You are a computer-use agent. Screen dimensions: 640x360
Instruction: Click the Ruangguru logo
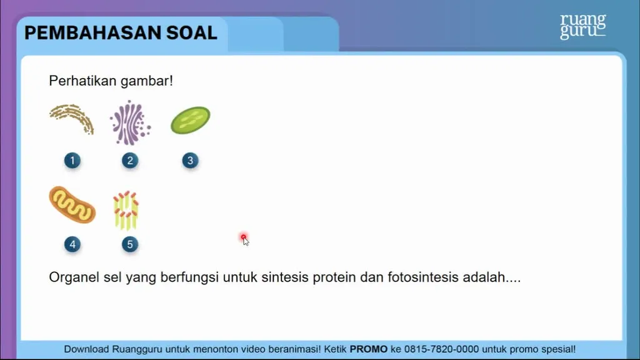click(x=583, y=26)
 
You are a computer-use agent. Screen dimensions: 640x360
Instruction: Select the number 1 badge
click(x=72, y=161)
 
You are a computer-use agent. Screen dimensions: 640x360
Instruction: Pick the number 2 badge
click(x=130, y=161)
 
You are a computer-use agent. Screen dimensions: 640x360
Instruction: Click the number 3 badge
click(x=190, y=161)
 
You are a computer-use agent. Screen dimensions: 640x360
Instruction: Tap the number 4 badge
click(x=72, y=244)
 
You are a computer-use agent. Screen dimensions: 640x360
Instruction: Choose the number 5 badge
click(x=130, y=244)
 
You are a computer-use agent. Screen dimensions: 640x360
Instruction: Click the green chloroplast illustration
click(x=190, y=120)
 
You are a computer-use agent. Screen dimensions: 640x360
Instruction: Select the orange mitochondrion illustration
click(x=72, y=205)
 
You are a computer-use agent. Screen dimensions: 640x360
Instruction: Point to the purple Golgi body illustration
click(x=130, y=123)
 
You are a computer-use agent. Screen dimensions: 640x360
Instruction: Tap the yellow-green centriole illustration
click(x=126, y=210)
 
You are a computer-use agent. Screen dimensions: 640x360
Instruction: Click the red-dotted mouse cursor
click(x=244, y=239)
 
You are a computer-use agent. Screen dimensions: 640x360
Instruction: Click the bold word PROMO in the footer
click(x=369, y=349)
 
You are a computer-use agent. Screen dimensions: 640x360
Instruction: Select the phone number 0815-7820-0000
click(x=441, y=349)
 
